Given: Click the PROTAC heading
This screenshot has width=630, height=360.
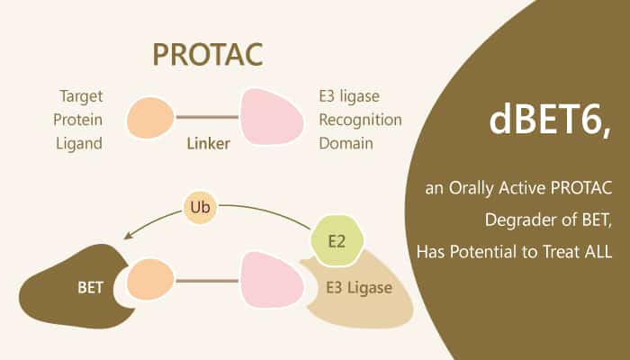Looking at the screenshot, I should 209,53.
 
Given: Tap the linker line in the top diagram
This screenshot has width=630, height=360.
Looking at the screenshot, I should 208,118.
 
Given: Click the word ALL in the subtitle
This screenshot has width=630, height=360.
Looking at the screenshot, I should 597,252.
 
